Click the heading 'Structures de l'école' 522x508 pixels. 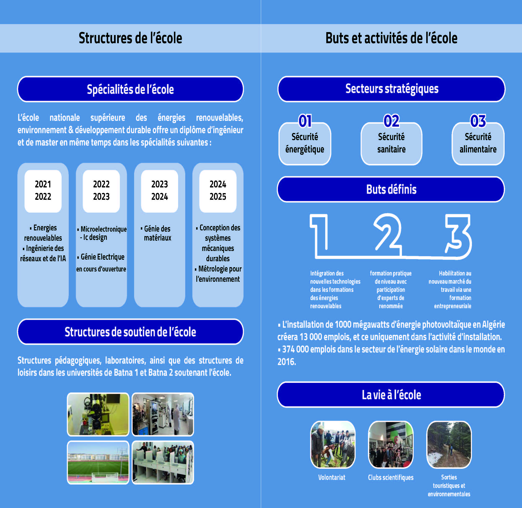(x=130, y=38)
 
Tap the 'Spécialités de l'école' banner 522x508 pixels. (x=130, y=89)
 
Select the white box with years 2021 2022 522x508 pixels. (x=43, y=191)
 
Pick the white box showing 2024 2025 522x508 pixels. (x=218, y=191)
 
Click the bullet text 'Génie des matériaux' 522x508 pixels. (x=157, y=233)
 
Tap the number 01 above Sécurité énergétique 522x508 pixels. (x=305, y=121)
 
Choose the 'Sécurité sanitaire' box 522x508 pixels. (x=391, y=144)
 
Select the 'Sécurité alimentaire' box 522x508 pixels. (x=478, y=144)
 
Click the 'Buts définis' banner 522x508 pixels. (x=391, y=189)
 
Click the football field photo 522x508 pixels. (x=98, y=462)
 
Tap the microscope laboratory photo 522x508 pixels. (x=98, y=414)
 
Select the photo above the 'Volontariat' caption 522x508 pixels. (x=333, y=444)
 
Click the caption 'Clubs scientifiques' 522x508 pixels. (x=391, y=477)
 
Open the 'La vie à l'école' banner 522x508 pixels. (x=391, y=395)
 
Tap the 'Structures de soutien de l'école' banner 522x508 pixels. (x=130, y=332)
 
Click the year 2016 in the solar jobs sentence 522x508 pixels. (x=286, y=362)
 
